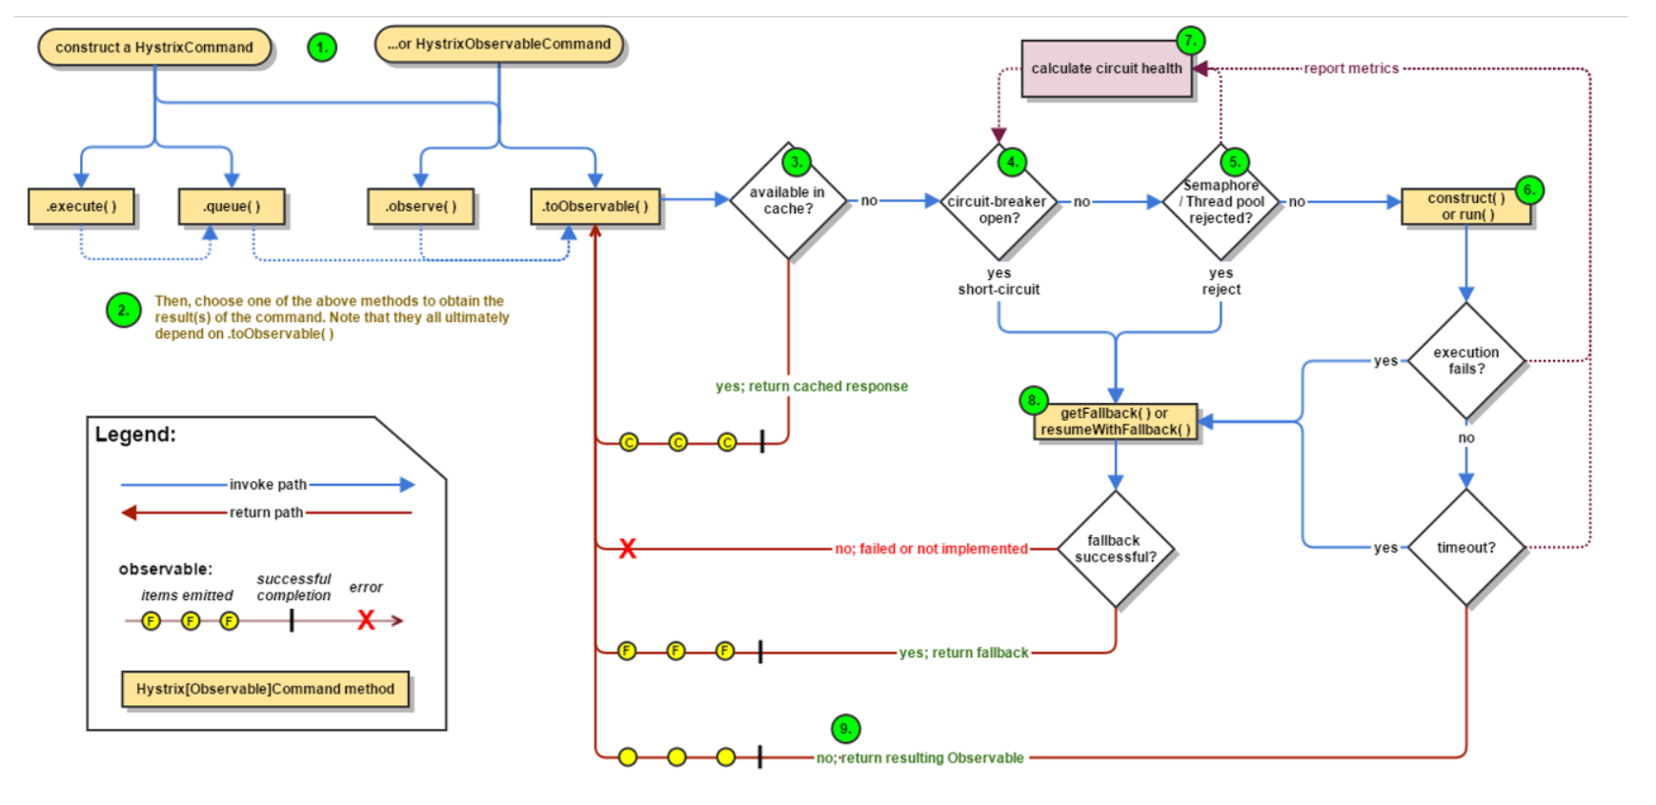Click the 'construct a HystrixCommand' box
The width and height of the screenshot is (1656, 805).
[154, 48]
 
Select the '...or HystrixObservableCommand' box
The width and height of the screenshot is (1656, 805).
[499, 45]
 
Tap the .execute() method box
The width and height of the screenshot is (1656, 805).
[81, 207]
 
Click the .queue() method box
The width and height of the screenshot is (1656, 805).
[232, 207]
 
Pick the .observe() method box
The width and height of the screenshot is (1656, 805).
[421, 207]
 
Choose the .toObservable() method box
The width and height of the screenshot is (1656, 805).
[596, 207]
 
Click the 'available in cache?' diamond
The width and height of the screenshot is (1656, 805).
[788, 200]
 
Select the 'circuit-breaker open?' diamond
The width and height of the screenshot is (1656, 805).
[999, 202]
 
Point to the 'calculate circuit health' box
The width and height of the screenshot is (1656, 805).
[1106, 69]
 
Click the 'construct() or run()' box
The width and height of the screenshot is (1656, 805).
[1466, 206]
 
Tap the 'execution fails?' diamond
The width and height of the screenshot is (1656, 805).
[1466, 361]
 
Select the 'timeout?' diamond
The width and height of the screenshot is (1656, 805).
[1466, 548]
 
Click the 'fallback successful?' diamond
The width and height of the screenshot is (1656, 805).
[1115, 549]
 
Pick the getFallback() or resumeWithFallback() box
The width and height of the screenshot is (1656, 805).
[1115, 421]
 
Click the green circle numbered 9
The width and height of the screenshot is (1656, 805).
[845, 729]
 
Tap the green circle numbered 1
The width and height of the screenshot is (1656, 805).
[322, 47]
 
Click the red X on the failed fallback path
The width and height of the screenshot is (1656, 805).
[627, 549]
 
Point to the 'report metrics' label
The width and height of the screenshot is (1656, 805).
[1351, 69]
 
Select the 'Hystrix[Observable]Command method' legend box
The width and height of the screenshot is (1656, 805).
[265, 689]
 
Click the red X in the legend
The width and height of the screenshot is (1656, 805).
[366, 621]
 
